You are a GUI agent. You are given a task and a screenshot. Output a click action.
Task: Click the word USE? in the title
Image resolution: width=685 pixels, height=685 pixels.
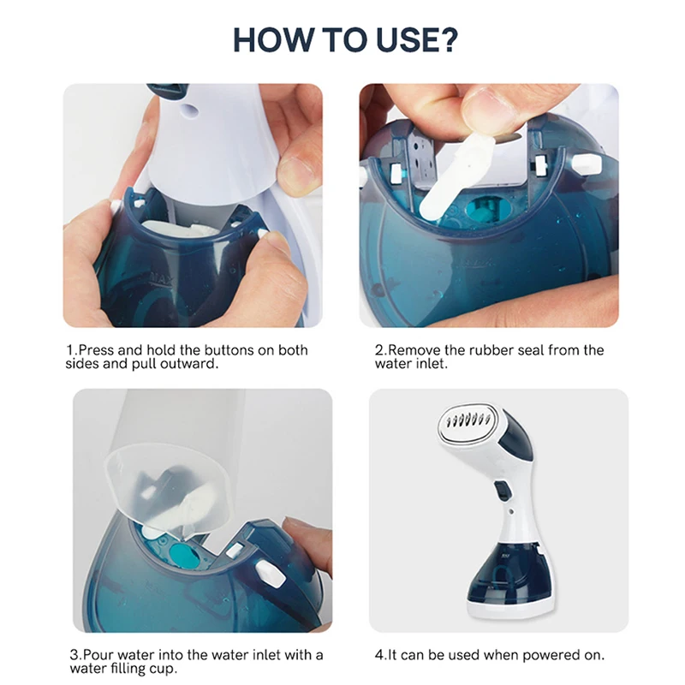pos(417,39)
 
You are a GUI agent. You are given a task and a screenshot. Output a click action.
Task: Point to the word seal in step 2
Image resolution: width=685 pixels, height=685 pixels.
pos(531,350)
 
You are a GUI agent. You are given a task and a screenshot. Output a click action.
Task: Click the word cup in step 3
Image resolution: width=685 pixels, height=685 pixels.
pos(164,670)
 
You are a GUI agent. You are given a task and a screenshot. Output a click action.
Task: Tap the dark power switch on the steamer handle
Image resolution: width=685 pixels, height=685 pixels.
pos(503,491)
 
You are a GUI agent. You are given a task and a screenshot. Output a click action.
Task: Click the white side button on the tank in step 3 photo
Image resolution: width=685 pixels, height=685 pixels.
pos(270,573)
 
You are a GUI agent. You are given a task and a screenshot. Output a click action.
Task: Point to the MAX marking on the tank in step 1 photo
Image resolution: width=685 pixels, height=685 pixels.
pos(161,278)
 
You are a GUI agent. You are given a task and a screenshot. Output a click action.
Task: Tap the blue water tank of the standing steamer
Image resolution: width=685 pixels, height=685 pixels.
pos(509,571)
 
